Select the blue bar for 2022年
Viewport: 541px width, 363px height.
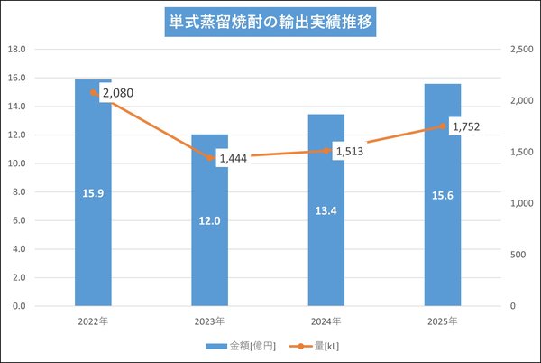pyautogui.click(x=93, y=235)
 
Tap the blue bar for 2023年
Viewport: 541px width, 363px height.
pyautogui.click(x=209, y=253)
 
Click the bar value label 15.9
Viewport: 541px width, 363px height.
pyautogui.click(x=93, y=192)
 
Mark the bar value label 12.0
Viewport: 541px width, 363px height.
pyautogui.click(x=209, y=219)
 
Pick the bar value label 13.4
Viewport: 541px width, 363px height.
pyautogui.click(x=326, y=209)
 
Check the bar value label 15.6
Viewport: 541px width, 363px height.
pyautogui.click(x=443, y=194)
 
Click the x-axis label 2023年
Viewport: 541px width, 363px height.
pyautogui.click(x=209, y=321)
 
